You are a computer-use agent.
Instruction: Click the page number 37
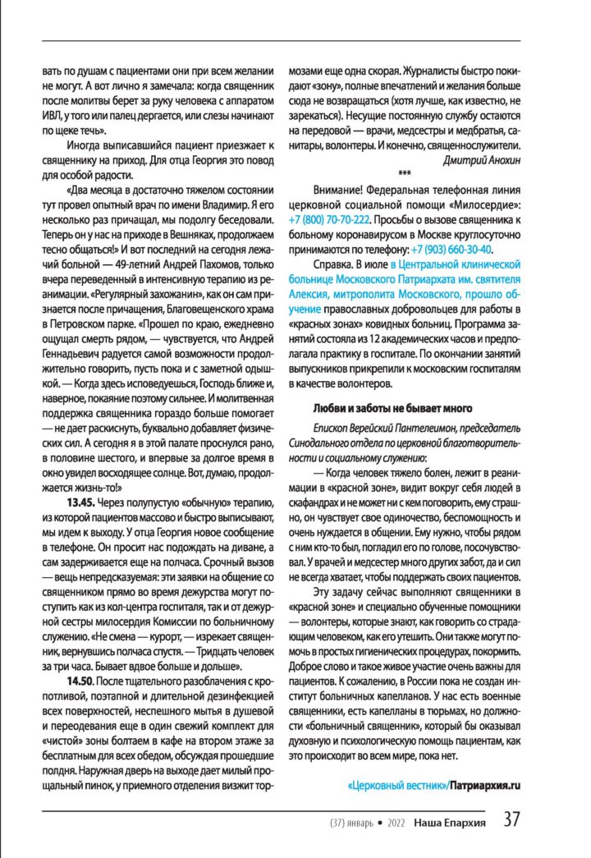coord(511,821)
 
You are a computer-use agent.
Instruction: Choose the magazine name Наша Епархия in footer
coord(450,822)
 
